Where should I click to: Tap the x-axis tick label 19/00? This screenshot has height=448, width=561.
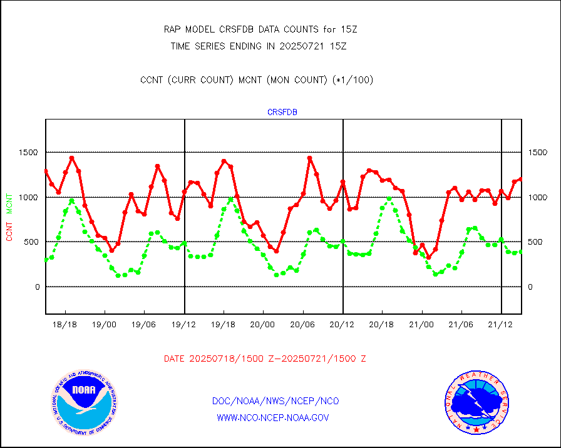click(105, 325)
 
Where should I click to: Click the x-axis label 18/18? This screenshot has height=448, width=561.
click(65, 325)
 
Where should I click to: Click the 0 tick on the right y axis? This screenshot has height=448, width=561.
click(531, 287)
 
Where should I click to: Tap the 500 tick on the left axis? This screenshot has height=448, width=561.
click(31, 242)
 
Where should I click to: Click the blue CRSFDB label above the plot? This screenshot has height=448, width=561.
click(282, 113)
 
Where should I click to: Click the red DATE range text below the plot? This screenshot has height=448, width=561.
click(265, 359)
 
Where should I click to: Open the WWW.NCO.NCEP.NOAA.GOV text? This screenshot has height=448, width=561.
click(272, 417)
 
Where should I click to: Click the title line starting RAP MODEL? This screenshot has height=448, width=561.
click(260, 29)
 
